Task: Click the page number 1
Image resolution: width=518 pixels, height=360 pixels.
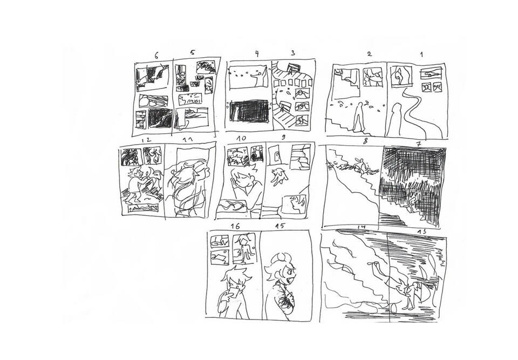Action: click(421, 54)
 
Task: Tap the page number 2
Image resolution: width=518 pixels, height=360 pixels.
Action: click(369, 54)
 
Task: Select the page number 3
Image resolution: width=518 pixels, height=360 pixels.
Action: click(293, 53)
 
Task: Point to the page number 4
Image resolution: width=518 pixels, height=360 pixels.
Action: click(257, 54)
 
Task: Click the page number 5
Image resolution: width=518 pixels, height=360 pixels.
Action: click(192, 52)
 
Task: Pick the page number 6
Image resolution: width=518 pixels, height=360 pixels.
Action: click(156, 56)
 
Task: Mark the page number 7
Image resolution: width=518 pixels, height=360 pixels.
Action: click(419, 144)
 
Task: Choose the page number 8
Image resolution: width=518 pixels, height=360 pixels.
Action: click(365, 141)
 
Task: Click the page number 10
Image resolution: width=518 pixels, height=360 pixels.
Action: click(241, 138)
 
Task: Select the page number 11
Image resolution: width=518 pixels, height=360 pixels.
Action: click(188, 140)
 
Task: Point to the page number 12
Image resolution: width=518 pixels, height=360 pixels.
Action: click(146, 140)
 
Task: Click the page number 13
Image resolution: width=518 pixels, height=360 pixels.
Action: click(421, 232)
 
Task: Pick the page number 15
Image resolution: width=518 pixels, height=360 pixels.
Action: click(280, 226)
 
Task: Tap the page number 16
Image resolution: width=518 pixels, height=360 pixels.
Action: click(235, 226)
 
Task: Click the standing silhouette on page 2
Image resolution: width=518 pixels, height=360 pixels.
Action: click(358, 117)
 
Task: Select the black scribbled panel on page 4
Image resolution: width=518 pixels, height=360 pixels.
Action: click(249, 111)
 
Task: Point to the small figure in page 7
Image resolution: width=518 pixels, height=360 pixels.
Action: click(411, 203)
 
